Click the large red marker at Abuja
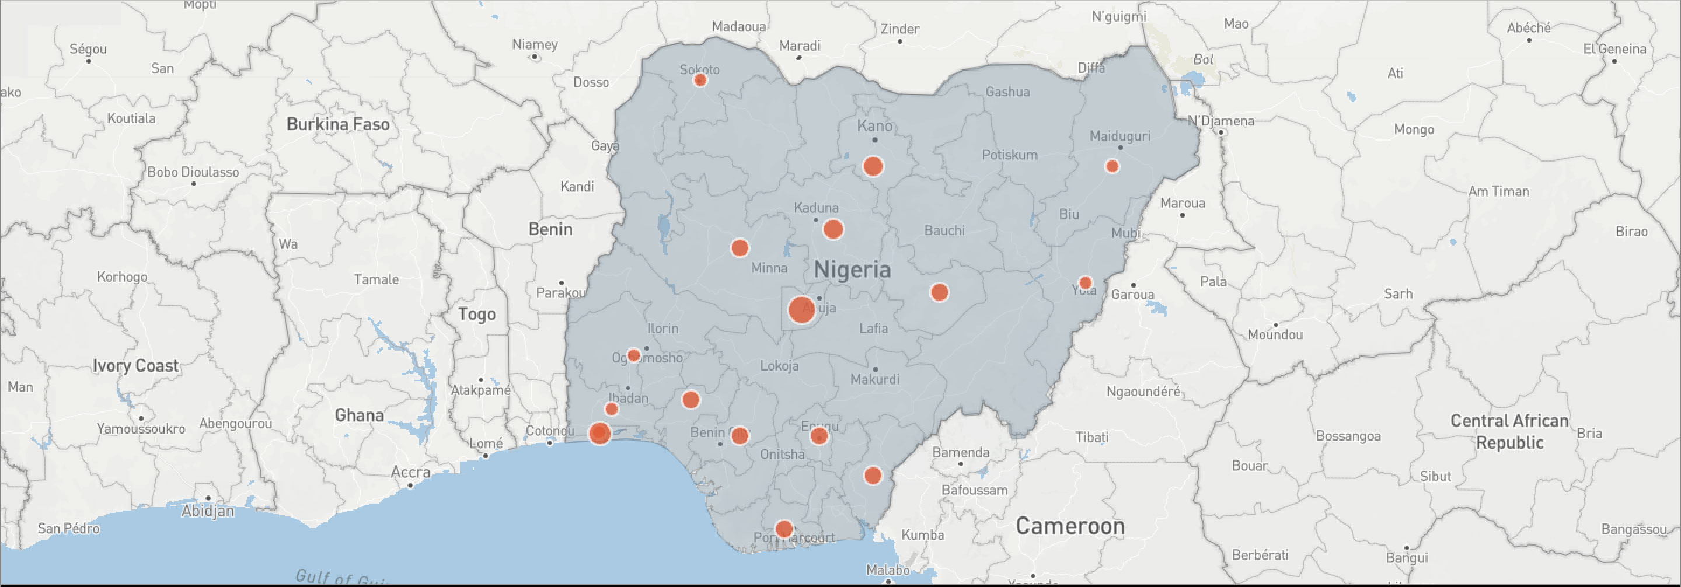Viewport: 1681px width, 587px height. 801,310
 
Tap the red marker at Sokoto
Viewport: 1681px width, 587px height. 700,80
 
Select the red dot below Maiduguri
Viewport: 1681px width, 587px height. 1112,166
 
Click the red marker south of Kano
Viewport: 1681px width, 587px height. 873,166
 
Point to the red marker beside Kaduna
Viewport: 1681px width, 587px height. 833,229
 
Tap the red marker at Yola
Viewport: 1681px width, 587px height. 1085,283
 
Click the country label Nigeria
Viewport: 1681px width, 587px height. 852,270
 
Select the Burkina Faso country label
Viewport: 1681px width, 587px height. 337,124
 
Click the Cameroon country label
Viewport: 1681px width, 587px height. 1070,526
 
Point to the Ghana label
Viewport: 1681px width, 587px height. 359,415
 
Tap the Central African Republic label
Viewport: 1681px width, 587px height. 1509,431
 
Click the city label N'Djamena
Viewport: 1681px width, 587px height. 1220,121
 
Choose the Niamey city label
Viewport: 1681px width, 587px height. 535,44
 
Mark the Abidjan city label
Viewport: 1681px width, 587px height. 208,511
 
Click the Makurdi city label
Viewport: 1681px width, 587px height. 874,379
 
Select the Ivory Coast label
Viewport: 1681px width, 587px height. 135,365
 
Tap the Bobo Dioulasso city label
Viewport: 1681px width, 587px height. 193,172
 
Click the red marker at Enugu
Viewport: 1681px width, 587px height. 819,436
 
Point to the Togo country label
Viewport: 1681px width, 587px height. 476,315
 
